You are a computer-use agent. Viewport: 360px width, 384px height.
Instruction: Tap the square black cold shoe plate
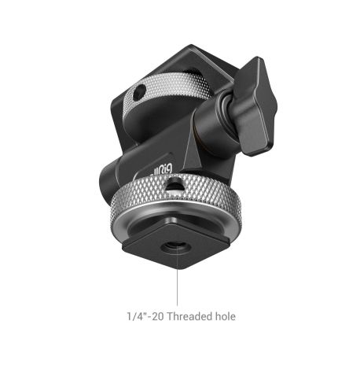181,244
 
